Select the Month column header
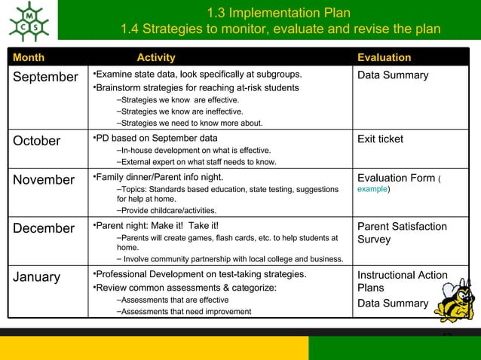pos(28,57)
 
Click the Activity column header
pos(156,57)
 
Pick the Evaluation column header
pos(384,57)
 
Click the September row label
pos(44,77)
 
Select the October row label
pos(36,141)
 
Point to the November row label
pos(42,180)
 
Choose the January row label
pos(36,276)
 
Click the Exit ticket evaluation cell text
pos(380,139)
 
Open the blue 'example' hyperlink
pos(372,190)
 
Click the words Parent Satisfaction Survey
pos(401,233)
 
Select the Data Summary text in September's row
pos(393,75)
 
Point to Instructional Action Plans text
pos(401,282)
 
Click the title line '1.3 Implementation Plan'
pos(278,12)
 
